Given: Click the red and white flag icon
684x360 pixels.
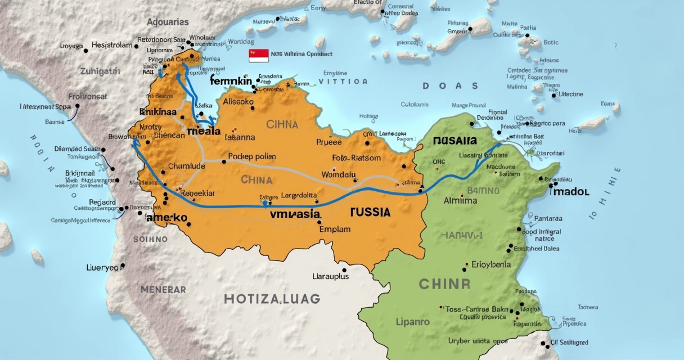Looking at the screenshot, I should point(259,55).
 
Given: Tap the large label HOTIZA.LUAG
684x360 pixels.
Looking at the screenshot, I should point(272,299).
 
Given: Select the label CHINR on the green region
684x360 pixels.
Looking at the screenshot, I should point(444,283).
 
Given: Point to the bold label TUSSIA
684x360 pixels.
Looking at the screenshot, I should point(370,212).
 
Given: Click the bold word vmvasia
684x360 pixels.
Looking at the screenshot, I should point(295,214).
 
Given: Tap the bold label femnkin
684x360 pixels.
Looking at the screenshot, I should point(231,81).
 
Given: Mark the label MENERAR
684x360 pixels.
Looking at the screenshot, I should point(163,290).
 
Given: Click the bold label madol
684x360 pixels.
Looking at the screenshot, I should point(570,192).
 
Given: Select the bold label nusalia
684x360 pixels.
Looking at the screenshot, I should point(455,141).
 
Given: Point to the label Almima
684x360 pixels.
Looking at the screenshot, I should point(460,200).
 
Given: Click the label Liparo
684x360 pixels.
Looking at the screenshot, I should point(412,322).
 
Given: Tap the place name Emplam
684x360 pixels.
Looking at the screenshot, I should point(335,229).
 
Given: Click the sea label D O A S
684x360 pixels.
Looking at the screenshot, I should point(450,86).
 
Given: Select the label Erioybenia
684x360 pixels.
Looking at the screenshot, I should point(490,264).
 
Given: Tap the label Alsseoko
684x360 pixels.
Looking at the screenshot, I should point(238,102).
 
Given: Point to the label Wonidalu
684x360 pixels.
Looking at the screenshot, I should point(339,174).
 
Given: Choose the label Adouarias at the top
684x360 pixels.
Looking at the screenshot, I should point(168,22).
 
